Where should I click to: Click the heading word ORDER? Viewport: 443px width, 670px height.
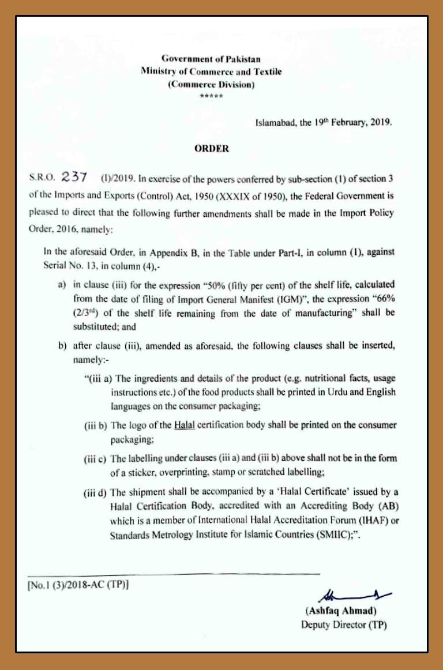(x=212, y=149)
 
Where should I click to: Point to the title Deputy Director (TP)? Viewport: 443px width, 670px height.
(x=344, y=625)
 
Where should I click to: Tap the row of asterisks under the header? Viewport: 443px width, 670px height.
(x=211, y=96)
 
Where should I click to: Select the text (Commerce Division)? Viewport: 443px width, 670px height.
(x=211, y=85)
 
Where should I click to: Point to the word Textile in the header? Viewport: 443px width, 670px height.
(x=268, y=72)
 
